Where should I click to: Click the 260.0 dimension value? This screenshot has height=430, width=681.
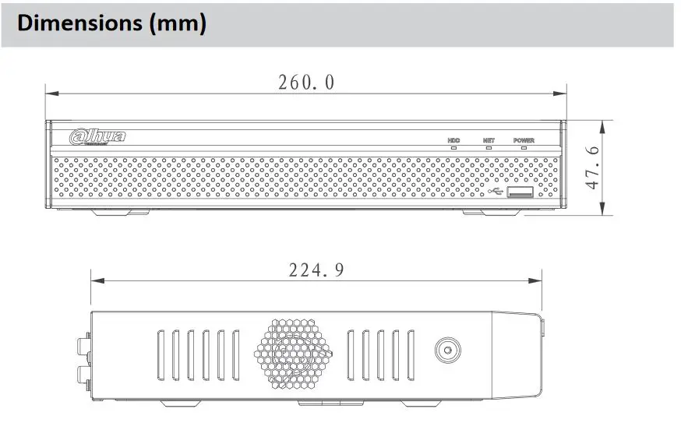(306, 83)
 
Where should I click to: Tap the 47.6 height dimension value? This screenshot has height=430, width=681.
(592, 167)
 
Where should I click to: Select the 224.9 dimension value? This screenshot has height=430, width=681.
(316, 270)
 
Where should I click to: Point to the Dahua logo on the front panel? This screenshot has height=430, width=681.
(97, 136)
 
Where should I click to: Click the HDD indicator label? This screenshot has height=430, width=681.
(453, 140)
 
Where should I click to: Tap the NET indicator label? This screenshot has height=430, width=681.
(489, 140)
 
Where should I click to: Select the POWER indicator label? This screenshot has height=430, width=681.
(524, 140)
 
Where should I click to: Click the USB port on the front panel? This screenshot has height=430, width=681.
(520, 192)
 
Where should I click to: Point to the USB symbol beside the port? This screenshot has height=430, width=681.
(495, 191)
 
